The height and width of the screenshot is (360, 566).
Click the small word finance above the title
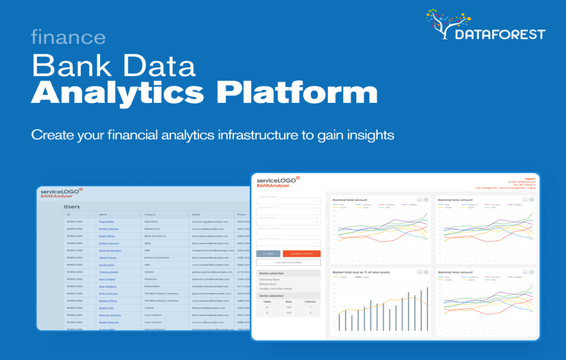tap(68, 37)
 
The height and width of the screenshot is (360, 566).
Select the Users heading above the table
tap(72, 206)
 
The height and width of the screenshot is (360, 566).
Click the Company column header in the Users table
tap(150, 215)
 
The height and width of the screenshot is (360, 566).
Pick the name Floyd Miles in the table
tap(106, 221)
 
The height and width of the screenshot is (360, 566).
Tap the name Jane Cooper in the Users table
tap(106, 279)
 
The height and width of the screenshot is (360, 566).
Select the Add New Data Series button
tap(288, 263)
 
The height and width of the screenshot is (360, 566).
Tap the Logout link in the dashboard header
tap(531, 187)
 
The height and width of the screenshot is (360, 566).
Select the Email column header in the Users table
tap(196, 215)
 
